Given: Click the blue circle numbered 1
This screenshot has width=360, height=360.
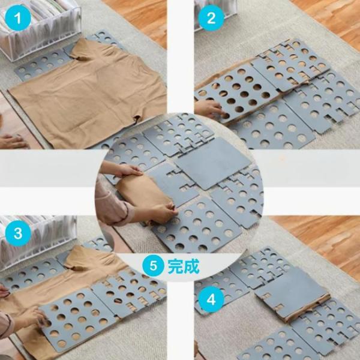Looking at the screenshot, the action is [18, 18].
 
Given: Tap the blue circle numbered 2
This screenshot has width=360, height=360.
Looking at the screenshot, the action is [211, 18].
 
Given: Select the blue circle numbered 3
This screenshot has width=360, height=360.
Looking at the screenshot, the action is [18, 233].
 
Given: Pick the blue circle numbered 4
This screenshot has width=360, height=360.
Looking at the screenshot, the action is [211, 299].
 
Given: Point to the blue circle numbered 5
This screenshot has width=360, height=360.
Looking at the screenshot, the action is [154, 266].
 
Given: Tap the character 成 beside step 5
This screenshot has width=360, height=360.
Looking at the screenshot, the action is [192, 266].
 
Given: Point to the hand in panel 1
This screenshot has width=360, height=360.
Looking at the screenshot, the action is [13, 141].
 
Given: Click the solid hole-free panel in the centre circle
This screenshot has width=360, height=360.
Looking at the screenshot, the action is [213, 163].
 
